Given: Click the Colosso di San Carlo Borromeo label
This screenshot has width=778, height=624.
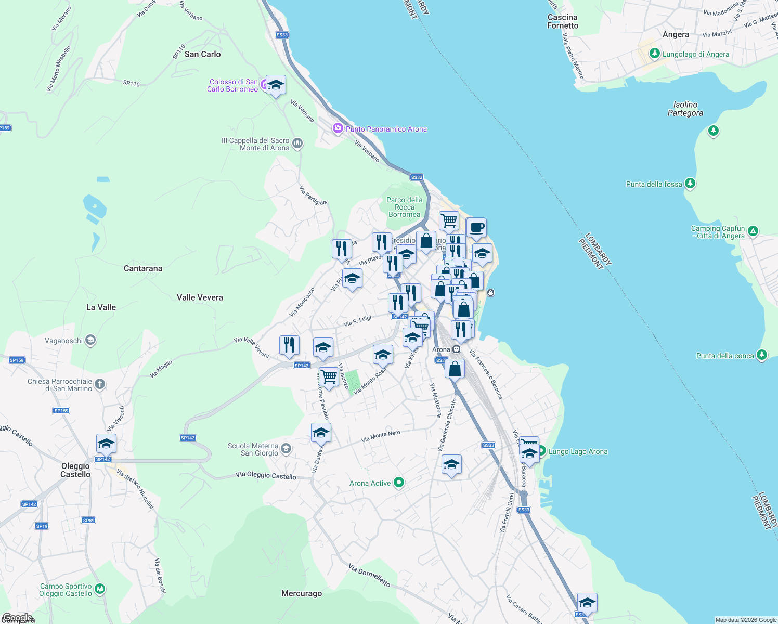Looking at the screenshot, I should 233,85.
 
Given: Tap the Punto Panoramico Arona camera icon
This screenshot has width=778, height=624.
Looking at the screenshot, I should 338,128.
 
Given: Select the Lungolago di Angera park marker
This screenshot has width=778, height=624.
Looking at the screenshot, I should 654,54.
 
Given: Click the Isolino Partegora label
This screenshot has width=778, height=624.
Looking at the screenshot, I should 685,109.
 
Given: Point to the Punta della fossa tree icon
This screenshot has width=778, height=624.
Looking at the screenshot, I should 690,183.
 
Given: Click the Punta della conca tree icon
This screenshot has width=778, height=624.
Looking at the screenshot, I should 761,355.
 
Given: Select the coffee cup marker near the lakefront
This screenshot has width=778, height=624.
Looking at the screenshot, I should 476,227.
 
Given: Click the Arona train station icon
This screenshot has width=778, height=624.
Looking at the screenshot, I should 456,349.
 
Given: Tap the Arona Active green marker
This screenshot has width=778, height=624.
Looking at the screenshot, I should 399,483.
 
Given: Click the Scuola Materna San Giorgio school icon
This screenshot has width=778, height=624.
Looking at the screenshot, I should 286,448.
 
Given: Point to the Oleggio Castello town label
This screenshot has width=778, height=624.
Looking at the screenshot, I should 75,470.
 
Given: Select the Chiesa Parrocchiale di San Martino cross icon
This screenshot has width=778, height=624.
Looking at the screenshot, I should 100,384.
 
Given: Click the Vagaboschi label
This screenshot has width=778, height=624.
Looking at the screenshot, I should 63,341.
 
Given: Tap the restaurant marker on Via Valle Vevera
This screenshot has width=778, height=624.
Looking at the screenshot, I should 289,345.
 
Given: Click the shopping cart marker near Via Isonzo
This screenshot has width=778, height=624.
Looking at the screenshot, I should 329,376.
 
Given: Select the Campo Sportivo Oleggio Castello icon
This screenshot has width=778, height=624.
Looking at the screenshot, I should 100,589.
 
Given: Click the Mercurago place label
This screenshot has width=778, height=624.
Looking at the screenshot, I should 302,593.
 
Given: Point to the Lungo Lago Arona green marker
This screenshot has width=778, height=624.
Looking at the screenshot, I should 541,451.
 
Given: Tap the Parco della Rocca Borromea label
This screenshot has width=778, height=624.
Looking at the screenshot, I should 404,207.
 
